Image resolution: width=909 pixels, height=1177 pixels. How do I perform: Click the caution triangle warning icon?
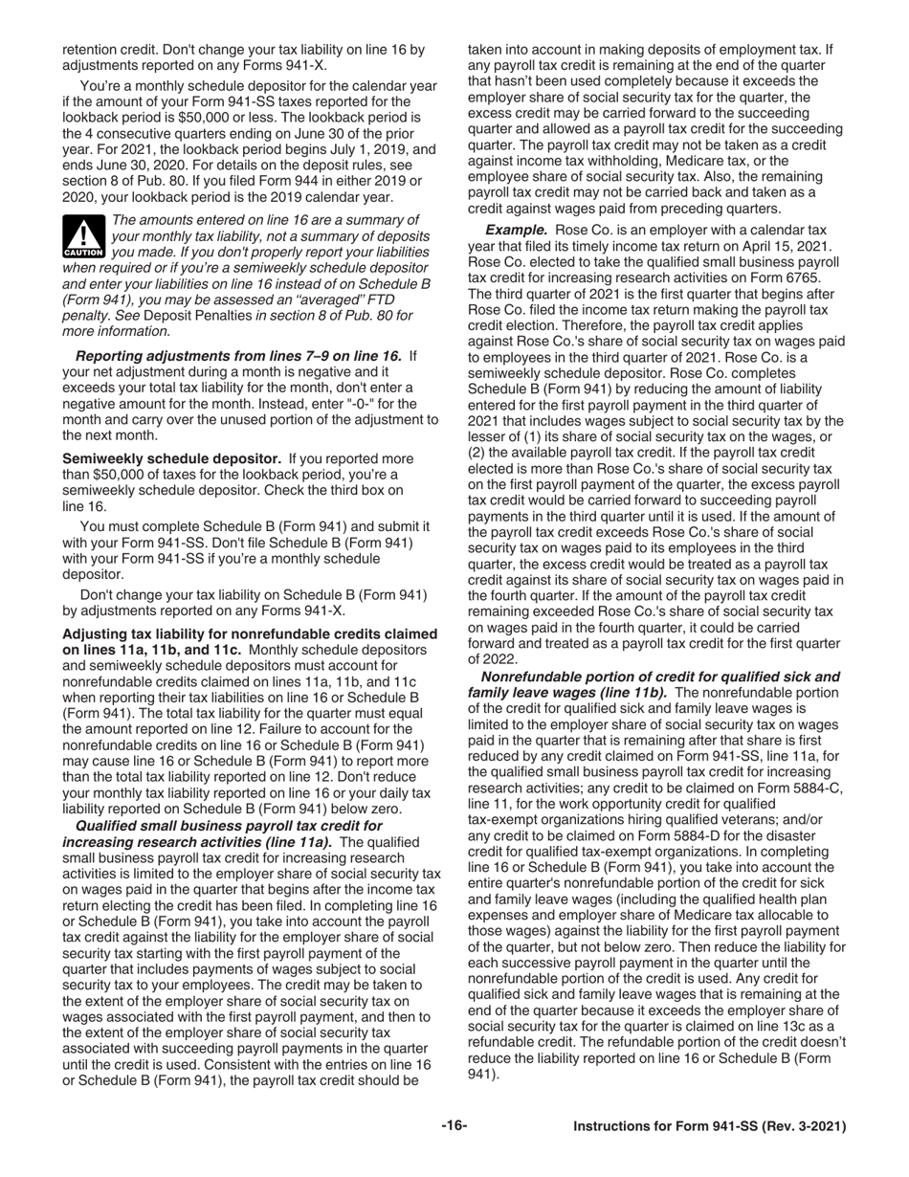(82, 237)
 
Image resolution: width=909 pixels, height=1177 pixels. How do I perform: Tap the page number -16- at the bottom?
(454, 1126)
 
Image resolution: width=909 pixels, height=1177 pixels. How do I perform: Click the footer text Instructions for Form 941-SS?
(709, 1127)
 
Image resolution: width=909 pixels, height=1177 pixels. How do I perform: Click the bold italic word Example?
(516, 231)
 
